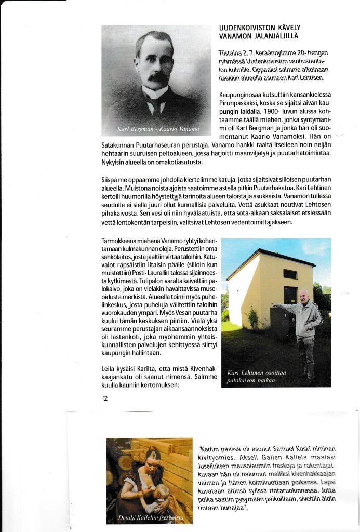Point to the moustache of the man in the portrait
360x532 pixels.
pyautogui.click(x=157, y=77)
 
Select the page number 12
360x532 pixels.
pyautogui.click(x=105, y=398)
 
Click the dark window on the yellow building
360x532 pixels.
pyautogui.click(x=290, y=274)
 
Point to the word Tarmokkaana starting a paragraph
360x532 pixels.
pyautogui.click(x=122, y=242)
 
